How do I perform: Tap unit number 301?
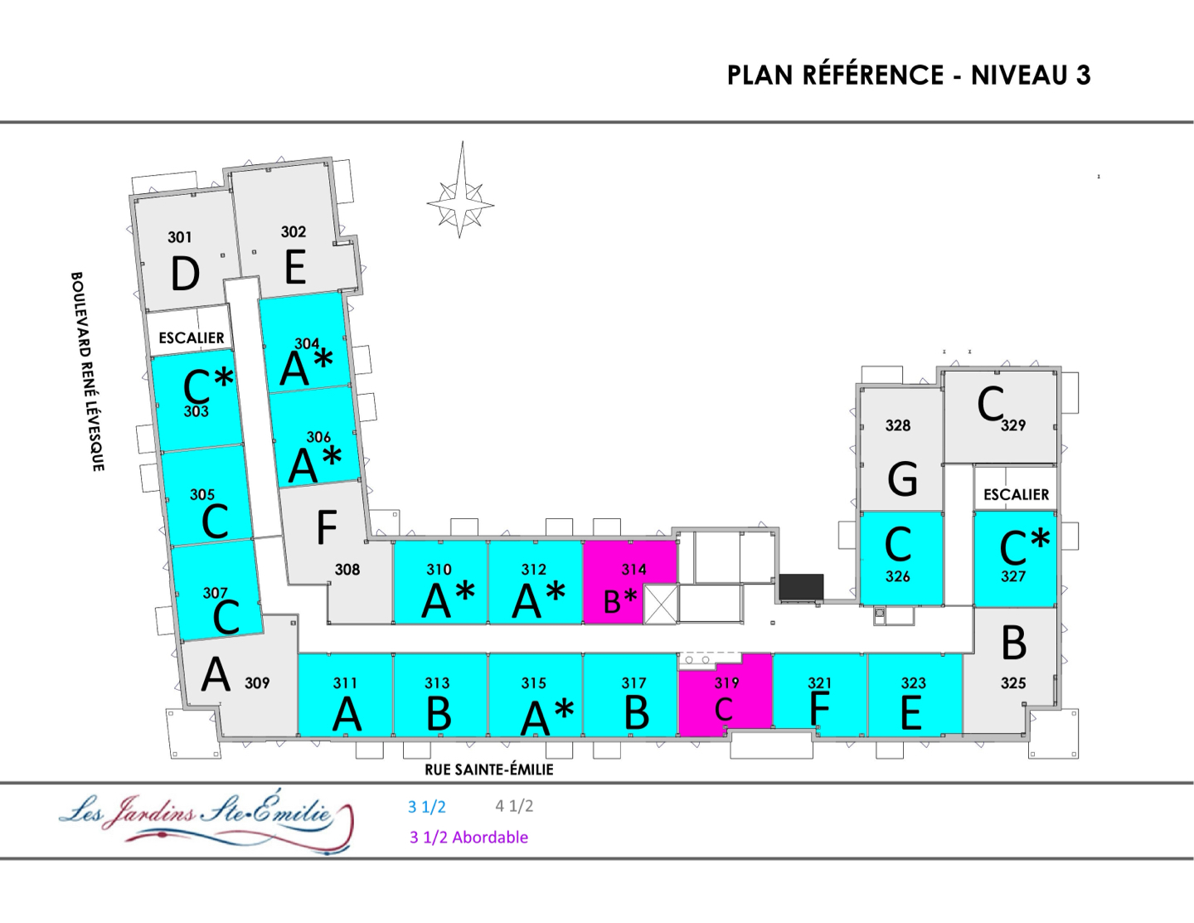coord(180,237)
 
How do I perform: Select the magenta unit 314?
coord(629,582)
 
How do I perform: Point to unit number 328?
coord(898,425)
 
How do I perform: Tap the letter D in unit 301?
coord(185,274)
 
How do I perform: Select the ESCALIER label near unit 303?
coord(192,338)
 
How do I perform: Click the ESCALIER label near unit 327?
coord(1016,494)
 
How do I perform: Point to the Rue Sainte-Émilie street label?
coord(489,770)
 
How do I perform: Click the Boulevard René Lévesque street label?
coord(87,372)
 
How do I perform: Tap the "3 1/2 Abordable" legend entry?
coord(468,838)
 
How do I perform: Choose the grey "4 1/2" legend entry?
coord(514,806)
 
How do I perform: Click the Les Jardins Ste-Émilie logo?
coord(206,820)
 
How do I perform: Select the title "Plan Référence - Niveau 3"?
coord(909,75)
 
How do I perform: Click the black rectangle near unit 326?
coord(802,587)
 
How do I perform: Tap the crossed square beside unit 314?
coord(661,605)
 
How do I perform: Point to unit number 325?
coord(1013,683)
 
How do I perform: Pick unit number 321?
coord(819,683)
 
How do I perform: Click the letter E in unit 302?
coord(295,267)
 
